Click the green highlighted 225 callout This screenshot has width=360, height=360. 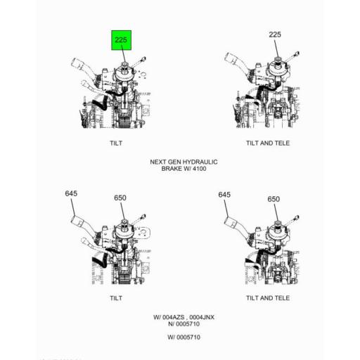pyautogui.click(x=121, y=40)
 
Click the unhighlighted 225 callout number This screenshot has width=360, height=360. pyautogui.click(x=275, y=34)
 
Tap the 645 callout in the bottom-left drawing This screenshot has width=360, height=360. pyautogui.click(x=71, y=193)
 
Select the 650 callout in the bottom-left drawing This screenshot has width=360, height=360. pyautogui.click(x=120, y=198)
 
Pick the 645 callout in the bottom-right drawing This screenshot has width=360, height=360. pyautogui.click(x=224, y=195)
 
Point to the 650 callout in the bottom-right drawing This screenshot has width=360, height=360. pyautogui.click(x=274, y=199)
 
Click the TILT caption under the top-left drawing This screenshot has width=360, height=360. pyautogui.click(x=116, y=143)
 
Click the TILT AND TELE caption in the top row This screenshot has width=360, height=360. pyautogui.click(x=268, y=143)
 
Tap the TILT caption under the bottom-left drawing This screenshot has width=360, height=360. pyautogui.click(x=116, y=298)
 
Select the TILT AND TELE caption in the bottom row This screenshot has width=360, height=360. pyautogui.click(x=268, y=298)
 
